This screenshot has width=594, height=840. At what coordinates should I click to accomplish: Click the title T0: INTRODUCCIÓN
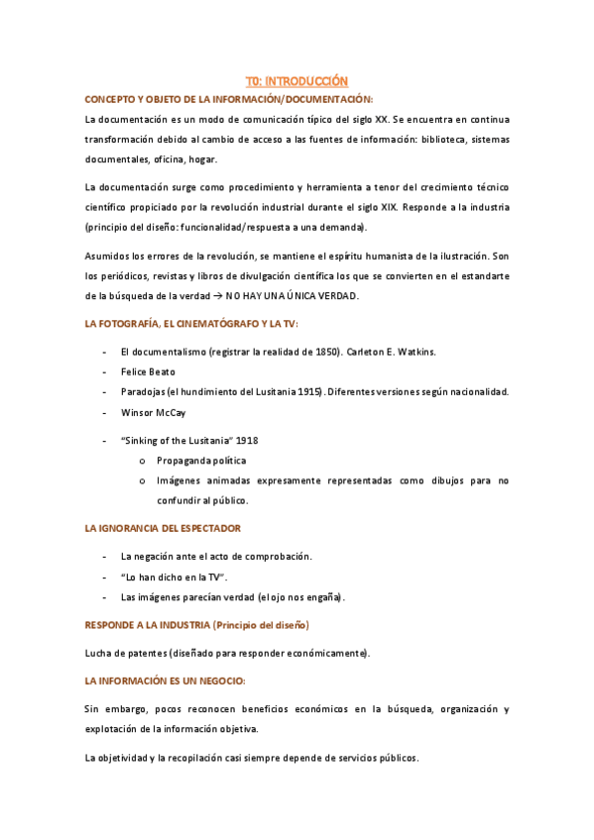pos(297,81)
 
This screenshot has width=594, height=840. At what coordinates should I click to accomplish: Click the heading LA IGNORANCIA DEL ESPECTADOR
pos(163,529)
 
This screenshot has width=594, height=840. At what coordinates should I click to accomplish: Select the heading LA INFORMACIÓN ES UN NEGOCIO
pos(165,682)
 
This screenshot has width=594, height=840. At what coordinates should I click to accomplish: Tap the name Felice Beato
pos(148,371)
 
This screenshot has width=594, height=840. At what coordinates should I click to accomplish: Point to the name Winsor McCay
pos(152,412)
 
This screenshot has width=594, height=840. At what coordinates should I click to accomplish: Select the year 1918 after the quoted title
pos(247,441)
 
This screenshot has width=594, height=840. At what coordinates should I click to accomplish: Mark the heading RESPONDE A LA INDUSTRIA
pos(148,625)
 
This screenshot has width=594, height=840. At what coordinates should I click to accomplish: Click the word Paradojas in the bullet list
pos(145,392)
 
